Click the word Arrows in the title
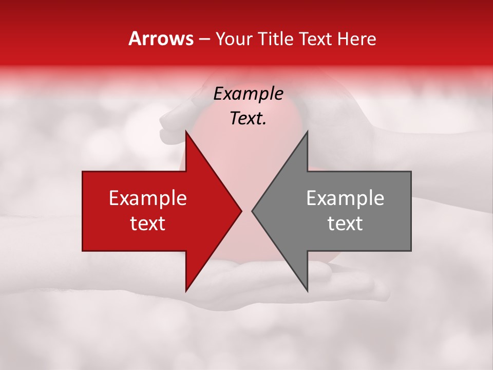click(x=161, y=39)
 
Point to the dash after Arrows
click(x=203, y=40)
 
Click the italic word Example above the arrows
click(x=249, y=94)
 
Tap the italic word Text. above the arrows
click(x=249, y=119)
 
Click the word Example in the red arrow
click(x=148, y=198)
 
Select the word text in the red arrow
click(x=148, y=224)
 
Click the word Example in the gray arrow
click(x=345, y=198)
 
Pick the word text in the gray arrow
click(x=345, y=224)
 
